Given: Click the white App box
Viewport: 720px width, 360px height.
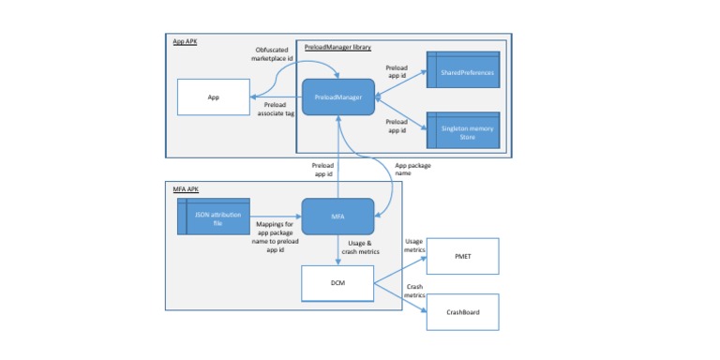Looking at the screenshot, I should point(213,97).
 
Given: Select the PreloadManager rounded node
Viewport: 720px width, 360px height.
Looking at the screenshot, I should point(338,97).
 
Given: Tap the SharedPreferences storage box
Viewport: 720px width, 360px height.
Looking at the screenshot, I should point(463,70).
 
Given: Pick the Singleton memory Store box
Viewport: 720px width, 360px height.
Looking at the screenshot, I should point(463,129).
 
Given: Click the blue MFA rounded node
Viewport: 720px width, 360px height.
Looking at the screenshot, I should point(338,217).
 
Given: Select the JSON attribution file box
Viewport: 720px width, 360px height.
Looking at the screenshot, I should point(214,217).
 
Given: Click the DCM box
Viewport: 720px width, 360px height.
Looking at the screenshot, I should point(337,283).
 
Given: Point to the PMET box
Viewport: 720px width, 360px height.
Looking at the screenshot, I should point(463,255).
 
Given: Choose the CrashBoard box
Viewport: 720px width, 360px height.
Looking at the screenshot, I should point(463,312).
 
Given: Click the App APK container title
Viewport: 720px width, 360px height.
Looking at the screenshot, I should point(185,42).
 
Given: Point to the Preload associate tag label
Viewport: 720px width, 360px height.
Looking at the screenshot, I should point(276,109).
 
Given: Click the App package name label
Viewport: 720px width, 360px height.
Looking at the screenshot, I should point(412,169).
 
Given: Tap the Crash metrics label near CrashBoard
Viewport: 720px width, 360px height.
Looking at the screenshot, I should point(413,291).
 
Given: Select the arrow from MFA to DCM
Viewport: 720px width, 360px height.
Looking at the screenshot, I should point(337,251).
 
